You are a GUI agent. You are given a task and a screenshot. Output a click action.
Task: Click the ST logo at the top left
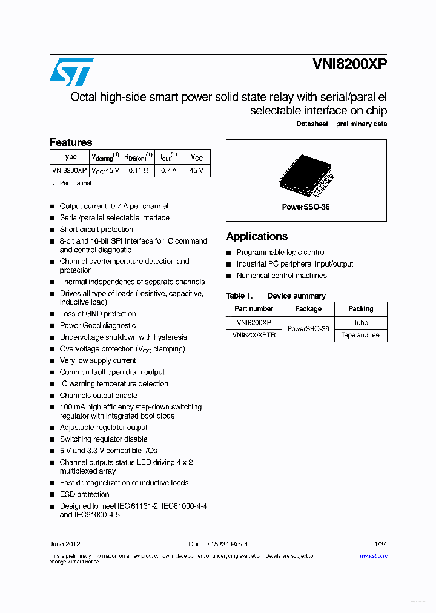71,72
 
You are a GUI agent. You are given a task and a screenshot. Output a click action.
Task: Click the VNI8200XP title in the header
350,65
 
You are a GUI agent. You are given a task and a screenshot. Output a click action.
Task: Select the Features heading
71,142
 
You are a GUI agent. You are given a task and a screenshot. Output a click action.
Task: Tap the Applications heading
257,236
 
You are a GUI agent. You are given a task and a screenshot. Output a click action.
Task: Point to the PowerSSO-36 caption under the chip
306,207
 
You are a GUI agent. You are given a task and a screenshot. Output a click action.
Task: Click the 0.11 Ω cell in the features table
138,171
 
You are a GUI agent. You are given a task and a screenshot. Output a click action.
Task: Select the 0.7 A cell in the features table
168,171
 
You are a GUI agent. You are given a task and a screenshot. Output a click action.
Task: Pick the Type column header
69,157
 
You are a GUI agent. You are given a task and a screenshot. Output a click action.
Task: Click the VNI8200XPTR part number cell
254,335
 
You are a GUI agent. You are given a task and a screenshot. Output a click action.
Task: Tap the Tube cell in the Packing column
361,323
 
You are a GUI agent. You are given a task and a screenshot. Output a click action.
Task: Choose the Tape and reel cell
361,335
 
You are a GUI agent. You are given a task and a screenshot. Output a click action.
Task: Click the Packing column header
361,309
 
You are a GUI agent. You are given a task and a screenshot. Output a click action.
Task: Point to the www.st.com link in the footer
374,555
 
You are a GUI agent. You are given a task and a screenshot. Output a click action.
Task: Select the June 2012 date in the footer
65,544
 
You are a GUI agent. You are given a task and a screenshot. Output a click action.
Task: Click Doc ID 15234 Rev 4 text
218,544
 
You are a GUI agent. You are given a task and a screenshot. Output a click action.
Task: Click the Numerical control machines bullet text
282,276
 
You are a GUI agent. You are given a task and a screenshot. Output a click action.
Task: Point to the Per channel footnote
76,183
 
